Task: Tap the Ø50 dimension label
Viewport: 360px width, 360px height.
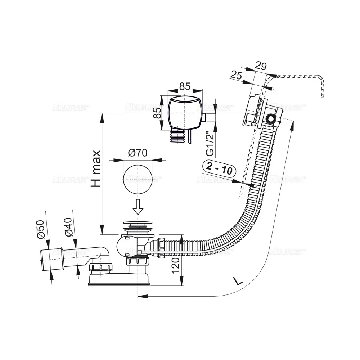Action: click(40, 229)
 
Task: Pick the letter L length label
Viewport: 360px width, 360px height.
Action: click(237, 280)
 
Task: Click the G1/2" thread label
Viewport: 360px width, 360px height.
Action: click(211, 144)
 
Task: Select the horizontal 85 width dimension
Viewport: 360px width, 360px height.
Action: click(184, 87)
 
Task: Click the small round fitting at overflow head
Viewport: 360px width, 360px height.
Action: click(270, 118)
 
